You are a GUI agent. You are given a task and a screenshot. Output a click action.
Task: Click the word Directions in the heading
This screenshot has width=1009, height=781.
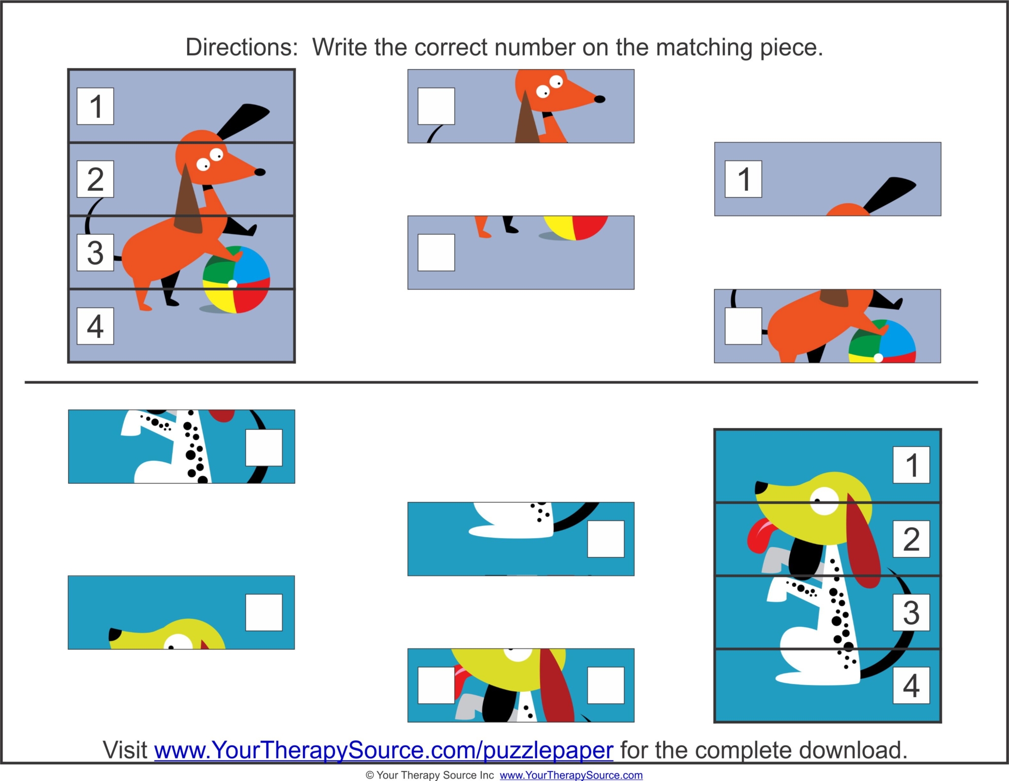(241, 48)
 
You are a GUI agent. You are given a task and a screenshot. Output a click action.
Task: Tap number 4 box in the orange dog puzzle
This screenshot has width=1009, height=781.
(95, 326)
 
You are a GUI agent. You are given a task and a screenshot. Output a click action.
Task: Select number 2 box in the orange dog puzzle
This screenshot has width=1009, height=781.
(95, 179)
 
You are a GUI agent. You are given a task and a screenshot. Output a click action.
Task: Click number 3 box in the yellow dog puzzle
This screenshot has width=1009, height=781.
(911, 612)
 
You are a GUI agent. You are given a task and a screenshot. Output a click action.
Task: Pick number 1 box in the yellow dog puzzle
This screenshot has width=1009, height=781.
(911, 465)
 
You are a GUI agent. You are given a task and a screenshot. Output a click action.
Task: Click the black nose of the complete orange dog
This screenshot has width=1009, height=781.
(260, 172)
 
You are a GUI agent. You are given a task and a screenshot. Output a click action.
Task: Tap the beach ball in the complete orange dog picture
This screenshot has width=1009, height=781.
(236, 279)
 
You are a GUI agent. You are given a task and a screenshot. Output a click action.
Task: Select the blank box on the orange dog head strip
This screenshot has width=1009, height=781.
(436, 106)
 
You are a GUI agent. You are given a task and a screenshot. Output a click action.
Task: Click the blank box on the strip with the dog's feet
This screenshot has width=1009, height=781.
(436, 252)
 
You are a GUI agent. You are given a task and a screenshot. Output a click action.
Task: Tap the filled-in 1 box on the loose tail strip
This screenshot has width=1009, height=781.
(743, 179)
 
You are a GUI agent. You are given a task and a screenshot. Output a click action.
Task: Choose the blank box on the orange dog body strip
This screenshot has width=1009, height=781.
(743, 326)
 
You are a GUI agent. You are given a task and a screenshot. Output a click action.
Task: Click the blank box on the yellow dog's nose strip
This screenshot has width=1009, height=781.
(264, 612)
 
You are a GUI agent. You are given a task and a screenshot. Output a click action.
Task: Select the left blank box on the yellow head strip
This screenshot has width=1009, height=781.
(436, 685)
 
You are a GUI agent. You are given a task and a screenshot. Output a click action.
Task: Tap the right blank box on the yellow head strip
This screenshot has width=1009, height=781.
(605, 685)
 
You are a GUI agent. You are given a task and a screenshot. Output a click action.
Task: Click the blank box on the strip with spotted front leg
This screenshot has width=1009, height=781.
(264, 447)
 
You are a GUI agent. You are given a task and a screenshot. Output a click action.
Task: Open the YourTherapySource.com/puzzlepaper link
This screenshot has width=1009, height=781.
(383, 750)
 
